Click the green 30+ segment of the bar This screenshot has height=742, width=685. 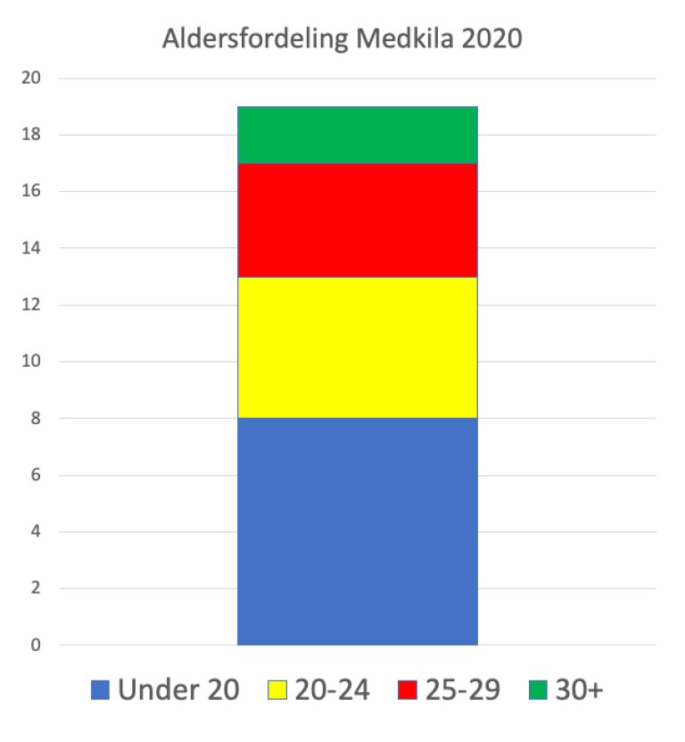357,135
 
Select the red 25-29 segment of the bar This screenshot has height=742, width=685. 357,220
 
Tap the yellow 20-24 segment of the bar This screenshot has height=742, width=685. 357,347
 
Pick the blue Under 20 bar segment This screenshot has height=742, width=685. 357,531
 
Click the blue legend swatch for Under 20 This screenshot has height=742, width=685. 101,690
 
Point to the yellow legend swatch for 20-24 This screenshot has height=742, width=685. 278,690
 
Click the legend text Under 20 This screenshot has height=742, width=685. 178,690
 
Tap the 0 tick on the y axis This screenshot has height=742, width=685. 36,645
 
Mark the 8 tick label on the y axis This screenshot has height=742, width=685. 36,418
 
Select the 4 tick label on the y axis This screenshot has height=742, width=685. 36,531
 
